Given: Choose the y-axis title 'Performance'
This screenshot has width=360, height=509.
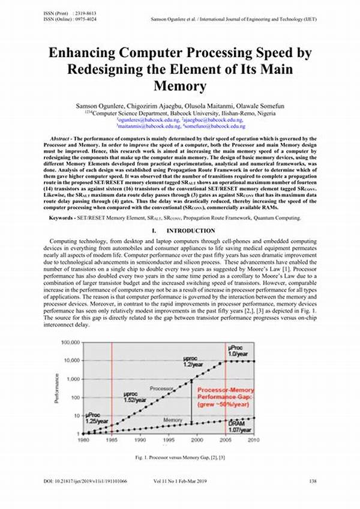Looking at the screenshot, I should pyautogui.click(x=56, y=388).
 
